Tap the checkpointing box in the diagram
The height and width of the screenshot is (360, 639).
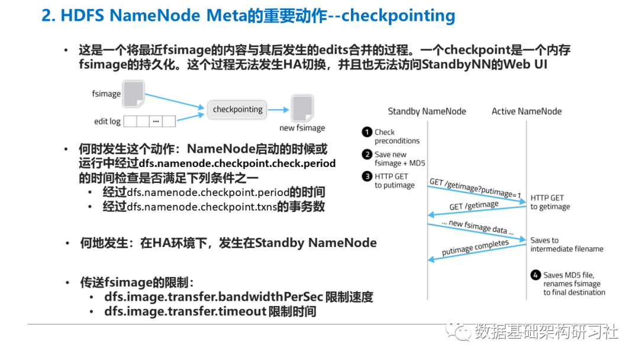tap(237, 110)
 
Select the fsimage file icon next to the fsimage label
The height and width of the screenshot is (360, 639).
tap(134, 94)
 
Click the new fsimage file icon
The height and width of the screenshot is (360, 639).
tap(302, 108)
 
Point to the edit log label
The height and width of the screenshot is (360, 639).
tap(107, 121)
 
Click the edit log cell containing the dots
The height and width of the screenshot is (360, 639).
tap(156, 121)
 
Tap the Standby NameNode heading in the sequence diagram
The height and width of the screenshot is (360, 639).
tap(427, 111)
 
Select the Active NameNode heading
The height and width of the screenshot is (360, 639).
tap(527, 111)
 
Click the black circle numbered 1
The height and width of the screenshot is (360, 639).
tap(367, 132)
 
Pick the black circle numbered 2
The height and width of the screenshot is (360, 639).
tap(367, 155)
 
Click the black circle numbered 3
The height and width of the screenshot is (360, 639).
tap(367, 176)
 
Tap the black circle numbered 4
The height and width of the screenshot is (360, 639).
tap(535, 275)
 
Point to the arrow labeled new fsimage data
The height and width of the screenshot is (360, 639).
tap(477, 232)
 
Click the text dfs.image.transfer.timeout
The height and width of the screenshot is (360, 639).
tap(185, 311)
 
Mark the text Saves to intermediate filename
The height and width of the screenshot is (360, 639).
tap(566, 245)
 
